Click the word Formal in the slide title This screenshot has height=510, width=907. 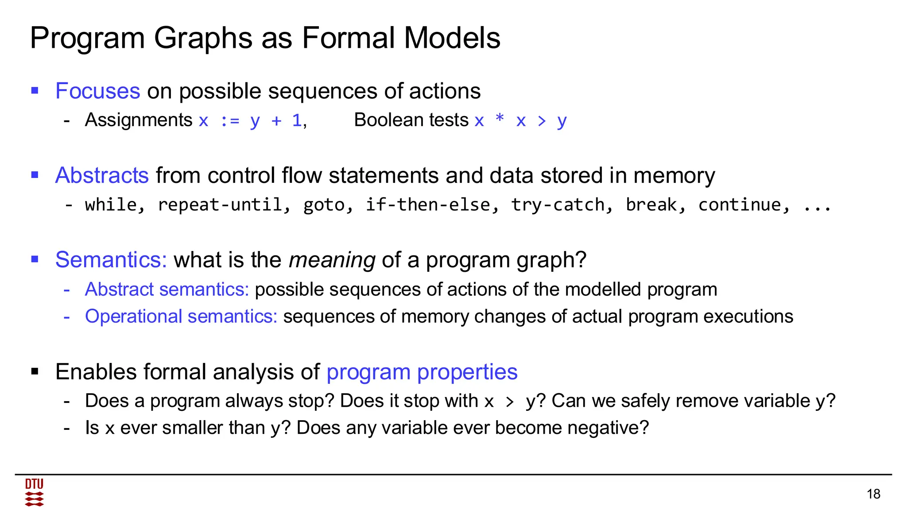(x=349, y=38)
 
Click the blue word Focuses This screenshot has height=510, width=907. (x=98, y=91)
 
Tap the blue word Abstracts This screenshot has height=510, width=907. (x=102, y=175)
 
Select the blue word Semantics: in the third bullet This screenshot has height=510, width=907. (x=111, y=260)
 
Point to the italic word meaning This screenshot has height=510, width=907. (x=332, y=260)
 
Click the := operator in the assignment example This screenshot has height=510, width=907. (x=229, y=120)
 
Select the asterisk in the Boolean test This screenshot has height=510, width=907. (x=500, y=119)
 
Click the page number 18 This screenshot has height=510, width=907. (x=873, y=494)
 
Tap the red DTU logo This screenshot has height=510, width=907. (x=34, y=492)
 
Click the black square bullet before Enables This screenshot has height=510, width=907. (x=35, y=372)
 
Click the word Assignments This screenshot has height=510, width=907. (x=138, y=120)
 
